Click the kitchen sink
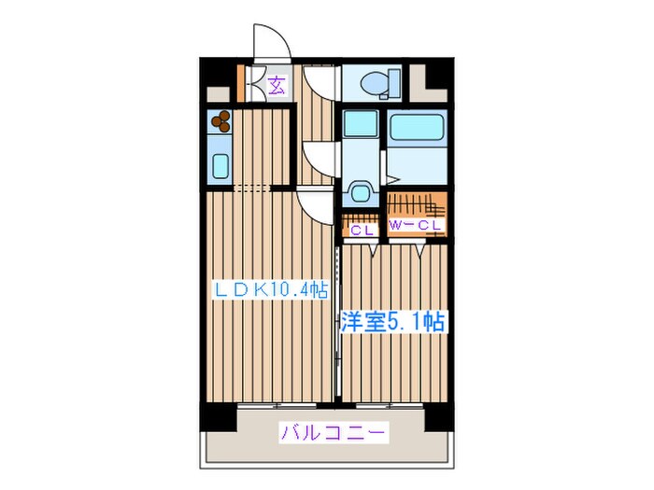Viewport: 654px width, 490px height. click(220, 165)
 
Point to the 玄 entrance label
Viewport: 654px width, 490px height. click(277, 87)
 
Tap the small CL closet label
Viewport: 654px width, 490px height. click(362, 226)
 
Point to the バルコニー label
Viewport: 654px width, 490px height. click(333, 433)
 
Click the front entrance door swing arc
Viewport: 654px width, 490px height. click(270, 47)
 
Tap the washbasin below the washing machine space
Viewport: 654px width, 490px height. click(360, 192)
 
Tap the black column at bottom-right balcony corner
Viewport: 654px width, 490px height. click(438, 416)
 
